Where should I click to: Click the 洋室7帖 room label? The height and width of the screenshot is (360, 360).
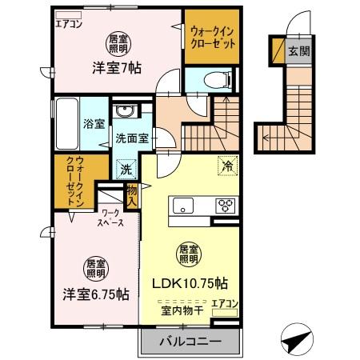click(x=116, y=69)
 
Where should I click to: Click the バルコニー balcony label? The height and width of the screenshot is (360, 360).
click(x=189, y=342)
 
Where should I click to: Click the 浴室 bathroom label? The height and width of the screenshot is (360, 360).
click(x=94, y=123)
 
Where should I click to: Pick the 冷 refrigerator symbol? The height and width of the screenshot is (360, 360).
click(x=228, y=167)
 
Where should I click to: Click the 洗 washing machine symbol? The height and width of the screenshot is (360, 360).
click(x=125, y=169)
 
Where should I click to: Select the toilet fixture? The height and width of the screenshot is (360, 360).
click(x=211, y=78)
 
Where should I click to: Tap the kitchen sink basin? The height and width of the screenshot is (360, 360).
click(x=183, y=205)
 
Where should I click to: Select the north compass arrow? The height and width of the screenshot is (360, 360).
click(x=297, y=339)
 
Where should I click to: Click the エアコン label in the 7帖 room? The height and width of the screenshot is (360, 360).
click(x=70, y=22)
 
